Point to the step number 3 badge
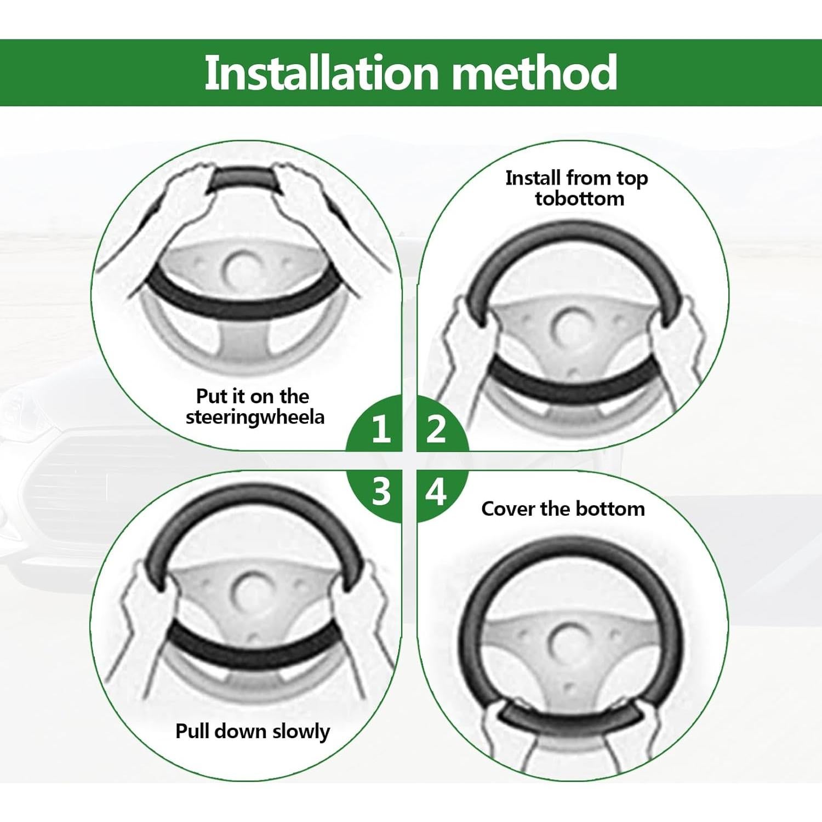(381, 491)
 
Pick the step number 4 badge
(436, 491)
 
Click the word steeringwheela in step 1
(255, 418)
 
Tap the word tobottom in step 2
(579, 199)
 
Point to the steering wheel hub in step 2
(571, 327)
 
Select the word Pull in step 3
(192, 731)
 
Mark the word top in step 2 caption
(632, 179)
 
